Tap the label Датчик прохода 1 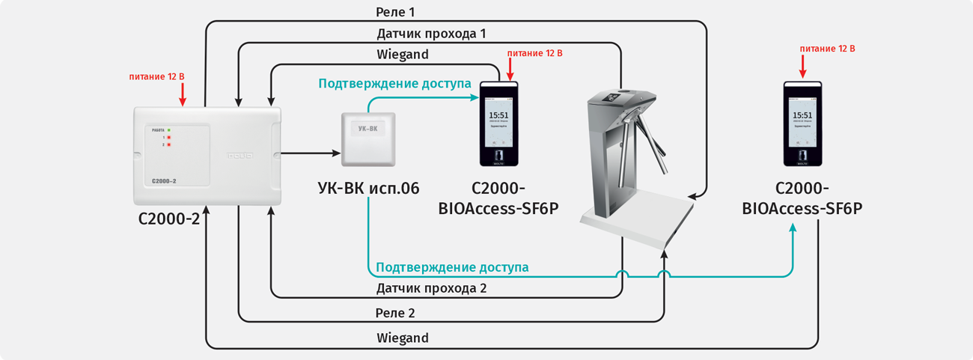(431, 34)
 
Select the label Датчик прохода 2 (431, 288)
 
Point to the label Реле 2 (395, 312)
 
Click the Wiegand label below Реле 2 (403, 338)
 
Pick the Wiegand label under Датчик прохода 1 (403, 55)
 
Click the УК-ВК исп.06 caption (369, 188)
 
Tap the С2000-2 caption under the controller (169, 220)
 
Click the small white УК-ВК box (367, 138)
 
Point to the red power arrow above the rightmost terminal (802, 67)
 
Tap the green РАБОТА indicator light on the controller (170, 130)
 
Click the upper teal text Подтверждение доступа (394, 84)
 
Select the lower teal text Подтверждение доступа (452, 267)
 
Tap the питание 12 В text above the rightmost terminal (827, 49)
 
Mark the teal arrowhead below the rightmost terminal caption (793, 228)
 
